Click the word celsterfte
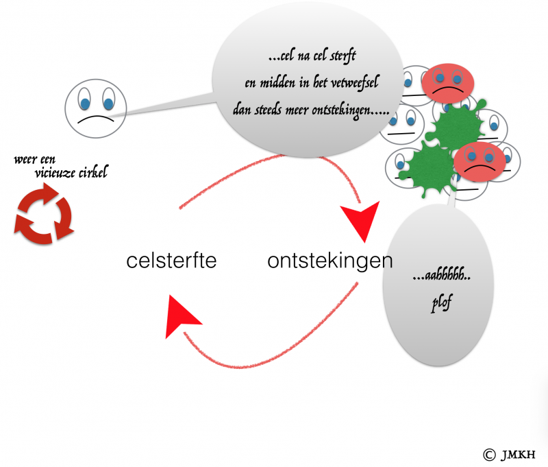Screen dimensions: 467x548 [x=172, y=261]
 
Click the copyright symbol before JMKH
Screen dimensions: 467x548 [x=489, y=455]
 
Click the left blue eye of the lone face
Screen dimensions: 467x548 [x=84, y=102]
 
